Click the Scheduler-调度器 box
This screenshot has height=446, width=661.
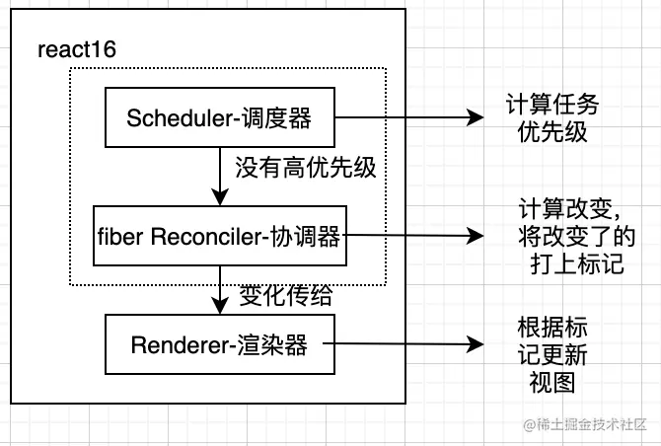click(218, 117)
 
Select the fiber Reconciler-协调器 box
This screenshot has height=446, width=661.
click(218, 236)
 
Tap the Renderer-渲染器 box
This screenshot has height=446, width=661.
click(218, 344)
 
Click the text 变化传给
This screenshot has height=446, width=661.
click(286, 294)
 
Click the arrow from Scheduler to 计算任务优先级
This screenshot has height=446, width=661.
click(404, 117)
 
